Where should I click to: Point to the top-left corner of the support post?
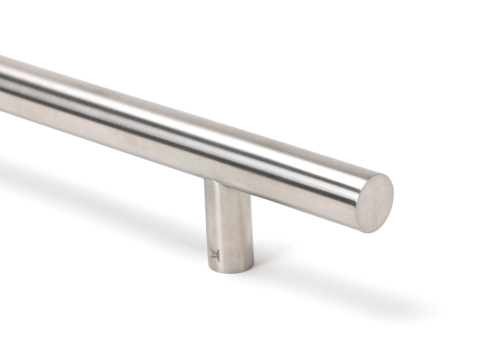pos(205,180)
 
